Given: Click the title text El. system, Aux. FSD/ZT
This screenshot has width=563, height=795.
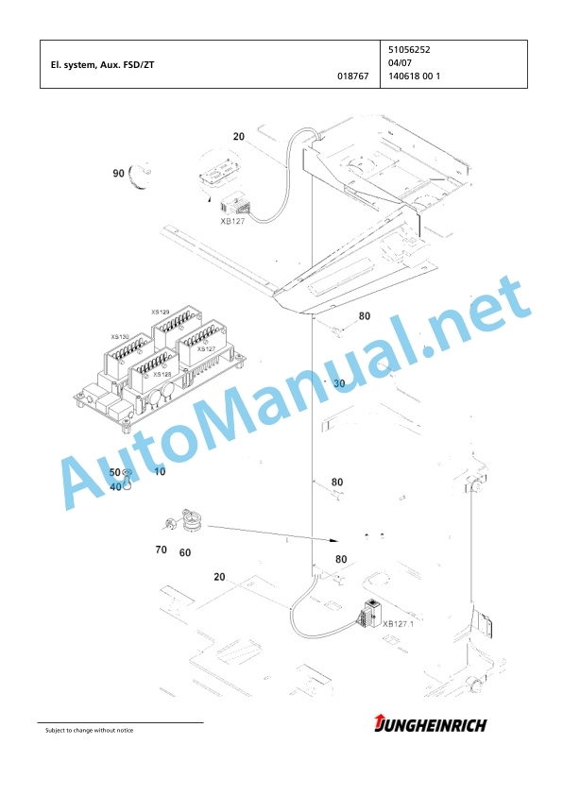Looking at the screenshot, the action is coord(102,65).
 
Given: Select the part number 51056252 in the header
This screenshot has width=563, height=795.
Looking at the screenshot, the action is coord(409,50).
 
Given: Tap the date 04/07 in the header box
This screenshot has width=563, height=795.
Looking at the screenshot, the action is coord(400,63).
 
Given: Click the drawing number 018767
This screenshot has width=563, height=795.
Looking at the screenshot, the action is coord(353,76).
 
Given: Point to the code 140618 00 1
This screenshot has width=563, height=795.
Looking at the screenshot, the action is coord(415,76).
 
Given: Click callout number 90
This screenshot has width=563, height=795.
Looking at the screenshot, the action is coord(118,174).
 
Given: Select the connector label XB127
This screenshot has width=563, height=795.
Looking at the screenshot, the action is coord(232,221).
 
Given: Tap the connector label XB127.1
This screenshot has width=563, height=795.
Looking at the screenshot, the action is coord(398,623).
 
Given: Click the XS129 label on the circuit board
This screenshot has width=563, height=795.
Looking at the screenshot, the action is coord(161,313).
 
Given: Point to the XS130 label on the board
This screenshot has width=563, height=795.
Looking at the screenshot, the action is coord(120,337).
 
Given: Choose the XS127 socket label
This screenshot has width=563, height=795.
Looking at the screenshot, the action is coord(207,348).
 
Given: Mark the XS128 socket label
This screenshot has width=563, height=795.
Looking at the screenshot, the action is coord(162,374).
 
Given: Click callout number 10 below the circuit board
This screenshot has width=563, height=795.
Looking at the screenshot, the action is coord(160,471).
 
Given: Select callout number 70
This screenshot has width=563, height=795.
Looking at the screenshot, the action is coord(161,550).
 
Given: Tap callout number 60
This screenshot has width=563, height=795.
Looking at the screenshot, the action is coord(185,552).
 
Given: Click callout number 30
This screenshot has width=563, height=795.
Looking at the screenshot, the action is coord(339,383).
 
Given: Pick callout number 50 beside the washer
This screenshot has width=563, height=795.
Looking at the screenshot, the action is coord(114,472).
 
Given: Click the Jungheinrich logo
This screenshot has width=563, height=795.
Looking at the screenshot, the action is coord(431,724).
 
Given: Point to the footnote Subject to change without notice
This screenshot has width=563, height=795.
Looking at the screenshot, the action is coord(90,730).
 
